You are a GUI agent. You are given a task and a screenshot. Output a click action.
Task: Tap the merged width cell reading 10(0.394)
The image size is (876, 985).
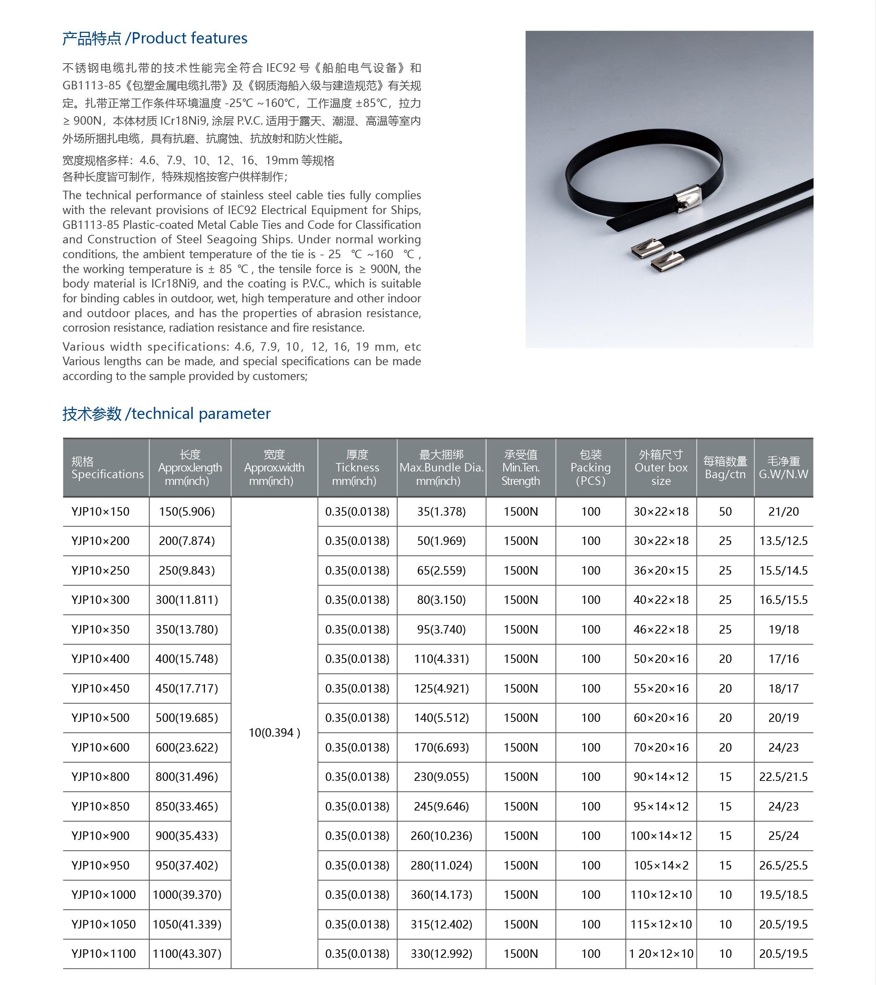[274, 732]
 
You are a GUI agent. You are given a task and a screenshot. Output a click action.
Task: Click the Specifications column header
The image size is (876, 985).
[107, 468]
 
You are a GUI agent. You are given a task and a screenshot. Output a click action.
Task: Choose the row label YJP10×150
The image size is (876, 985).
[100, 511]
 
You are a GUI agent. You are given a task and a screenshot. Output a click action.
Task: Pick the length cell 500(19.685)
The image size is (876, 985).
[187, 718]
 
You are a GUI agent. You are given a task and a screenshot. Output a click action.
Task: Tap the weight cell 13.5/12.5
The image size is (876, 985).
[783, 541]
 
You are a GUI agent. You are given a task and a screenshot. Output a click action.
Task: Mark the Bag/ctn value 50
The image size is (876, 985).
[725, 511]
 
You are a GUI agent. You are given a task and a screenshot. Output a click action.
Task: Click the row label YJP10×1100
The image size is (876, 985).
[103, 953]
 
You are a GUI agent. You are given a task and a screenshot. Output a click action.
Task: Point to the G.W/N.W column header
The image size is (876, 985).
[783, 468]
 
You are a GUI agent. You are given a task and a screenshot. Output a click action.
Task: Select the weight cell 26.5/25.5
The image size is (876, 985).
[783, 865]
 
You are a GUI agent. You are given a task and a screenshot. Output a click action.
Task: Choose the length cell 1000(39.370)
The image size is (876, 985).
[187, 894]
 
